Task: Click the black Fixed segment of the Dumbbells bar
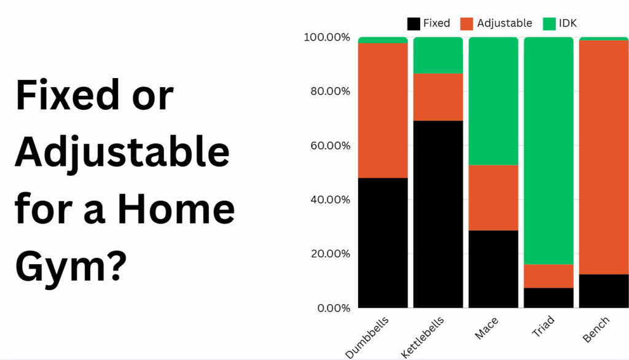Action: [x=383, y=243]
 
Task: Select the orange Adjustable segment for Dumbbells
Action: [x=383, y=111]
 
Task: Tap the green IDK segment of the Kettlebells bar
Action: [x=438, y=55]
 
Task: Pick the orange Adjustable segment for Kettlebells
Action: [x=438, y=97]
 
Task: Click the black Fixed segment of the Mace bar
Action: [x=493, y=269]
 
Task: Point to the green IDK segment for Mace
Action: [x=493, y=101]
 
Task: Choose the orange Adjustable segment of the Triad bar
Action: [x=549, y=276]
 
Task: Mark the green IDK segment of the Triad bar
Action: [x=549, y=151]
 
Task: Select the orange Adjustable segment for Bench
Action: [x=604, y=157]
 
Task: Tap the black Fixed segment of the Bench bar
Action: [x=604, y=291]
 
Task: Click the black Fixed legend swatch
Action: [x=413, y=24]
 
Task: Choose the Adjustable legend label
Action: [x=505, y=24]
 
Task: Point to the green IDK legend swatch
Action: [x=549, y=24]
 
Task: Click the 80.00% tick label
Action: [x=330, y=92]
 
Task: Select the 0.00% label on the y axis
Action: [x=334, y=308]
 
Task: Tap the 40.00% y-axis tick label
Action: [x=330, y=200]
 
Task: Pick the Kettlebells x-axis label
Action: [x=423, y=337]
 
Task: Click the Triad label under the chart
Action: [x=543, y=326]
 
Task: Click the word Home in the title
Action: [x=176, y=209]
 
